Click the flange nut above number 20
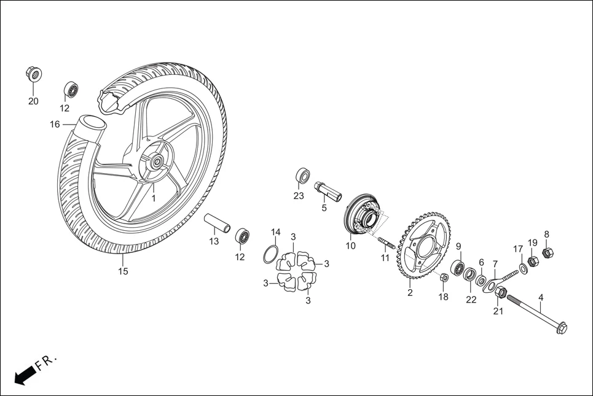(33, 74)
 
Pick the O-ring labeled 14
(271, 254)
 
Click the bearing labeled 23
(302, 174)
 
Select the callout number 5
(324, 208)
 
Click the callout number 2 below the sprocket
(410, 293)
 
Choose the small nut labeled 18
(445, 278)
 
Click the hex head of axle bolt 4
(560, 328)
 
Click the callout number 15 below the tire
(124, 271)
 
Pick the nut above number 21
(500, 293)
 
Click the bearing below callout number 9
(458, 268)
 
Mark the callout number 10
(350, 246)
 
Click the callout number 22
(471, 300)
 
